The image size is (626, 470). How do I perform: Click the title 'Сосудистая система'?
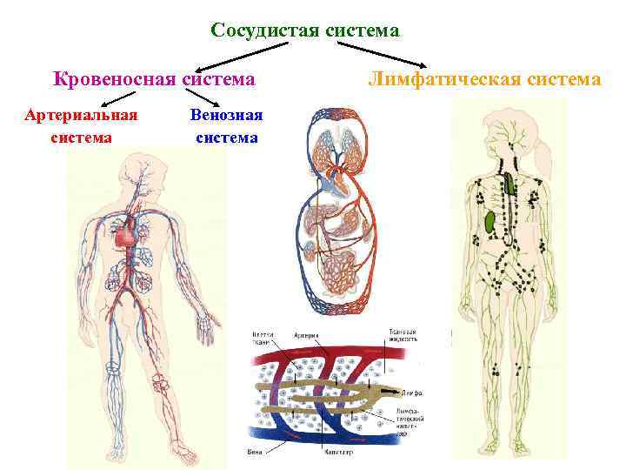click(x=305, y=30)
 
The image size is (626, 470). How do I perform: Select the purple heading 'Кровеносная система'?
click(x=154, y=79)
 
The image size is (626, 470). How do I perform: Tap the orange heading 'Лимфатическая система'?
click(x=484, y=79)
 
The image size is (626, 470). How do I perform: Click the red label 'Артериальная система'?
click(x=82, y=125)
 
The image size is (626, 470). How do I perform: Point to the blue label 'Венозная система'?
click(x=226, y=125)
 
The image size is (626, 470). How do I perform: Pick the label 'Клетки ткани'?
click(x=263, y=339)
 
